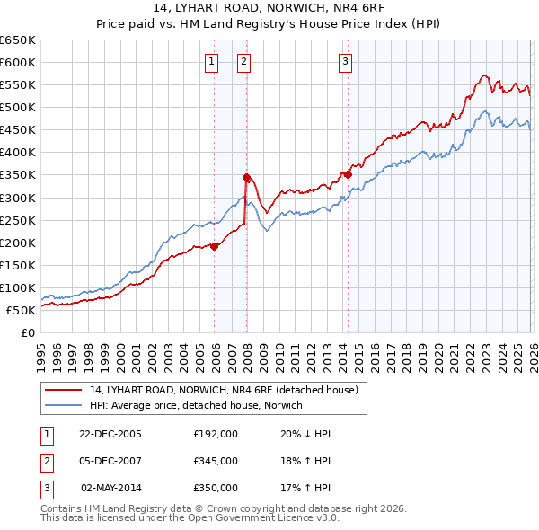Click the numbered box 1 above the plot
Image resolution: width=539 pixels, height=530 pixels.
click(210, 62)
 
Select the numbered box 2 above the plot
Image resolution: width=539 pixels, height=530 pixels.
click(243, 62)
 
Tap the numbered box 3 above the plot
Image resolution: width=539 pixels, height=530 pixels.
click(345, 62)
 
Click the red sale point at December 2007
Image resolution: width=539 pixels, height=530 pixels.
click(246, 177)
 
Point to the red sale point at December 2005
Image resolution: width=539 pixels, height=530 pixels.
click(215, 246)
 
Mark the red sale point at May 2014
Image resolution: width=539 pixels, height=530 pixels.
click(348, 174)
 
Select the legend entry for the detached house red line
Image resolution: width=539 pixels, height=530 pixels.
click(224, 390)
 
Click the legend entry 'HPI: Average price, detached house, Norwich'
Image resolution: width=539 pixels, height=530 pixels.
click(196, 405)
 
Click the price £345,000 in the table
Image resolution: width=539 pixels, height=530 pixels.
click(216, 461)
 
